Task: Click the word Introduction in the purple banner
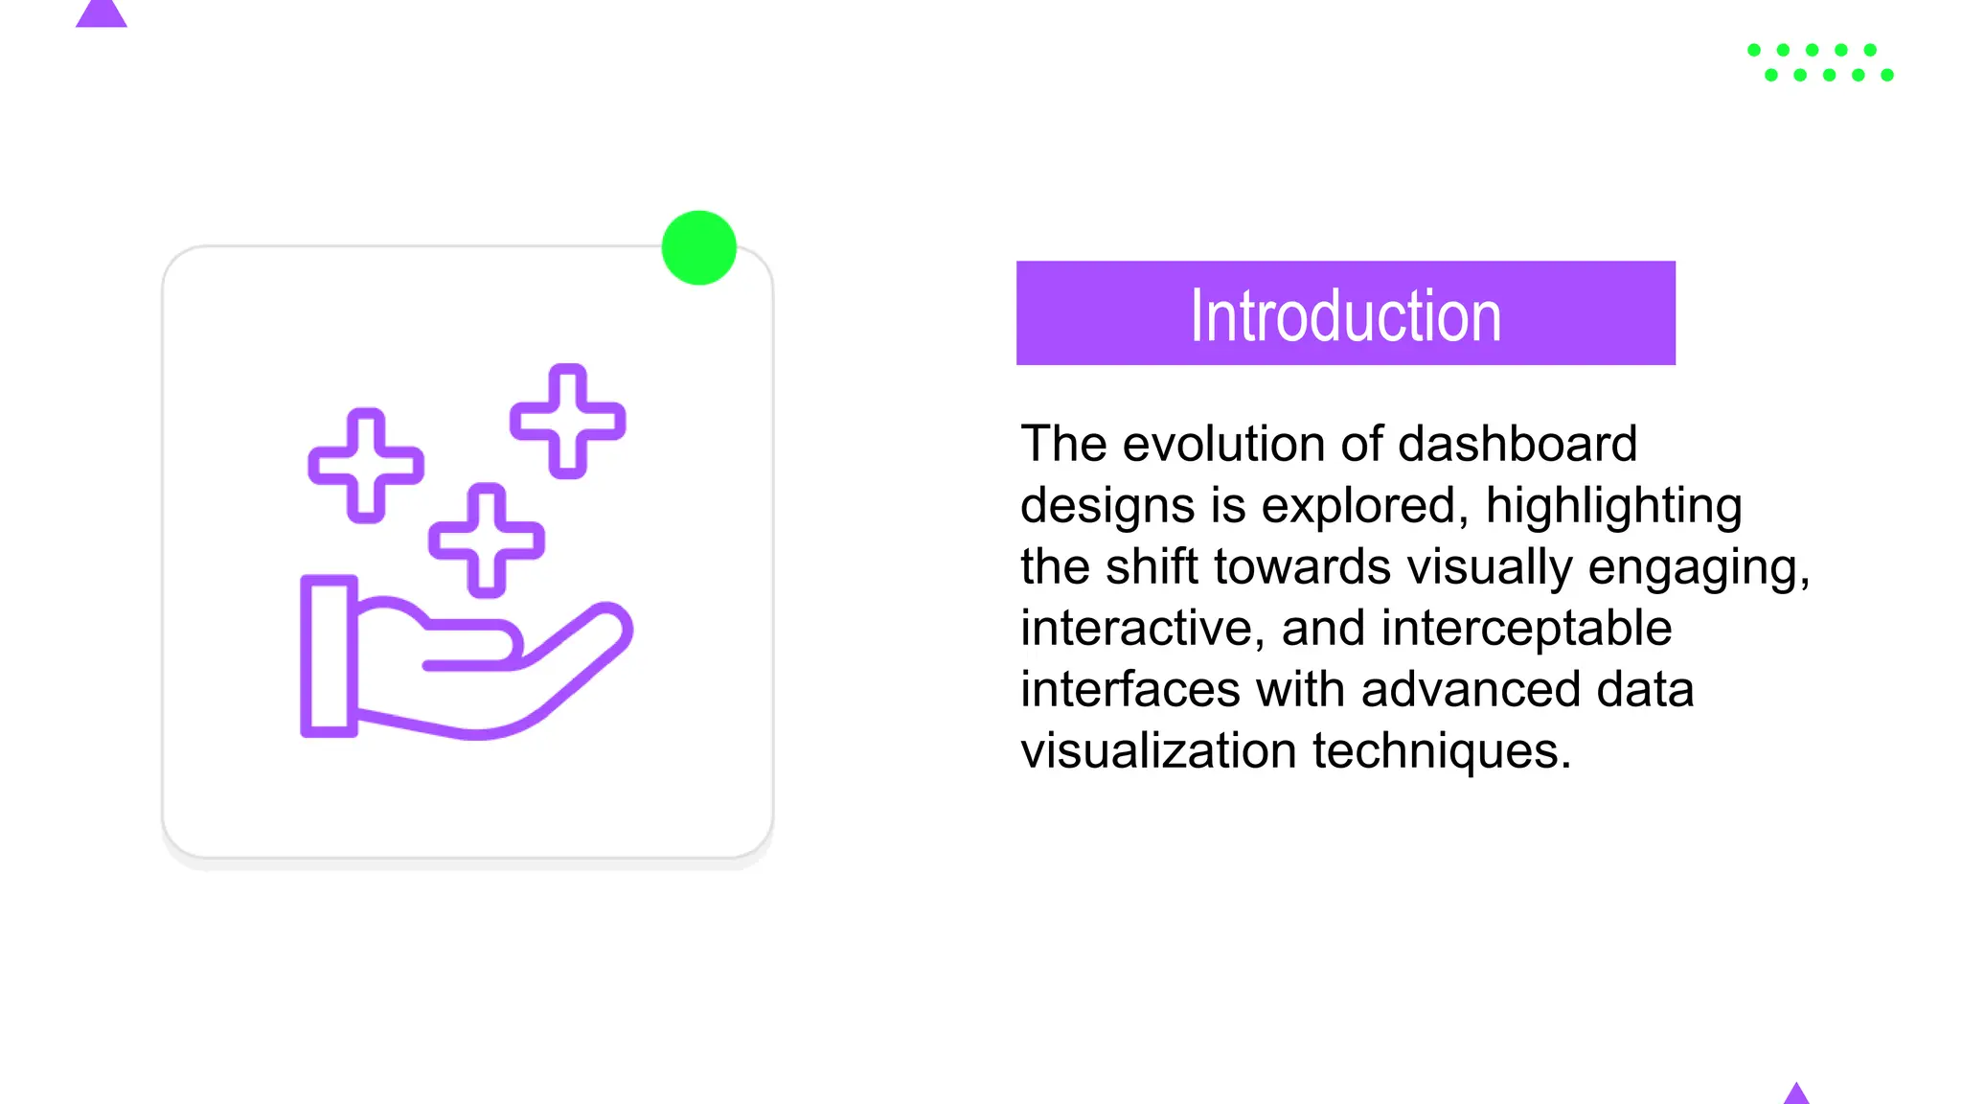click(x=1345, y=315)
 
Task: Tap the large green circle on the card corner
click(x=698, y=247)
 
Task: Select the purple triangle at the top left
click(x=101, y=13)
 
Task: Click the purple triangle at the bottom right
click(x=1796, y=1094)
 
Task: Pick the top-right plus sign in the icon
click(x=567, y=421)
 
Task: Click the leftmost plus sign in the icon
click(x=365, y=466)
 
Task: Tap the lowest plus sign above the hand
click(x=486, y=540)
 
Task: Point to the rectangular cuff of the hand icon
click(x=329, y=655)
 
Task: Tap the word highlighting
click(x=1613, y=505)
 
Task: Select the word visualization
click(x=1158, y=750)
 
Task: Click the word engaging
click(x=1698, y=567)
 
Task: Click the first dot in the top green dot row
click(x=1754, y=50)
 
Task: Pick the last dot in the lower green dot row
click(x=1887, y=75)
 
